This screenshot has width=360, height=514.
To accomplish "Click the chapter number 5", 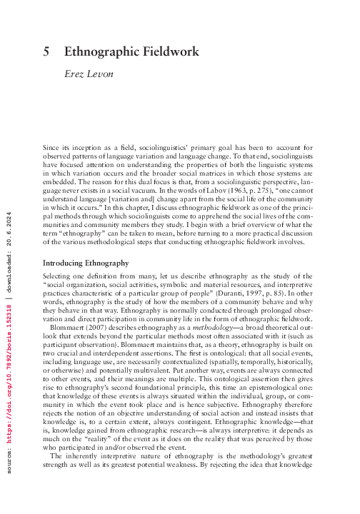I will pyautogui.click(x=47, y=51).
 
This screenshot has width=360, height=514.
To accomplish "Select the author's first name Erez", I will pyautogui.click(x=74, y=75).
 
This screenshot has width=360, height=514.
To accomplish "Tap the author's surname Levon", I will pyautogui.click(x=104, y=75).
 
